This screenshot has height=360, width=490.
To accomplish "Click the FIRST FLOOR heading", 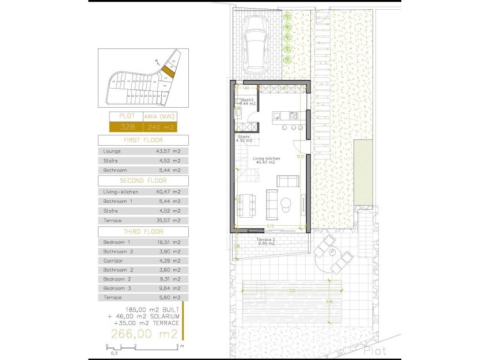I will coord(143,140).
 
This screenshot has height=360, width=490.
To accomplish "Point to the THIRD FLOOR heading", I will coord(143,231).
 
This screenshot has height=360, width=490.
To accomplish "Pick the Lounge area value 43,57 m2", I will coord(169,151).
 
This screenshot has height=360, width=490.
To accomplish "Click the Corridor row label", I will coord(112,261).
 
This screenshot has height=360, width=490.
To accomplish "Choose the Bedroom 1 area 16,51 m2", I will coord(169,242).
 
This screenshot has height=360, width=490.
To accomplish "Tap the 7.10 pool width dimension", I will coord(292,290).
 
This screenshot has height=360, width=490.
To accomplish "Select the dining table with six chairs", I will coord(246,204).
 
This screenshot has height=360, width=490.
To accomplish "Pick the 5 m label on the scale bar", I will coord(181,347).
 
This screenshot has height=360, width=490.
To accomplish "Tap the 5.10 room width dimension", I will coord(269,226).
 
